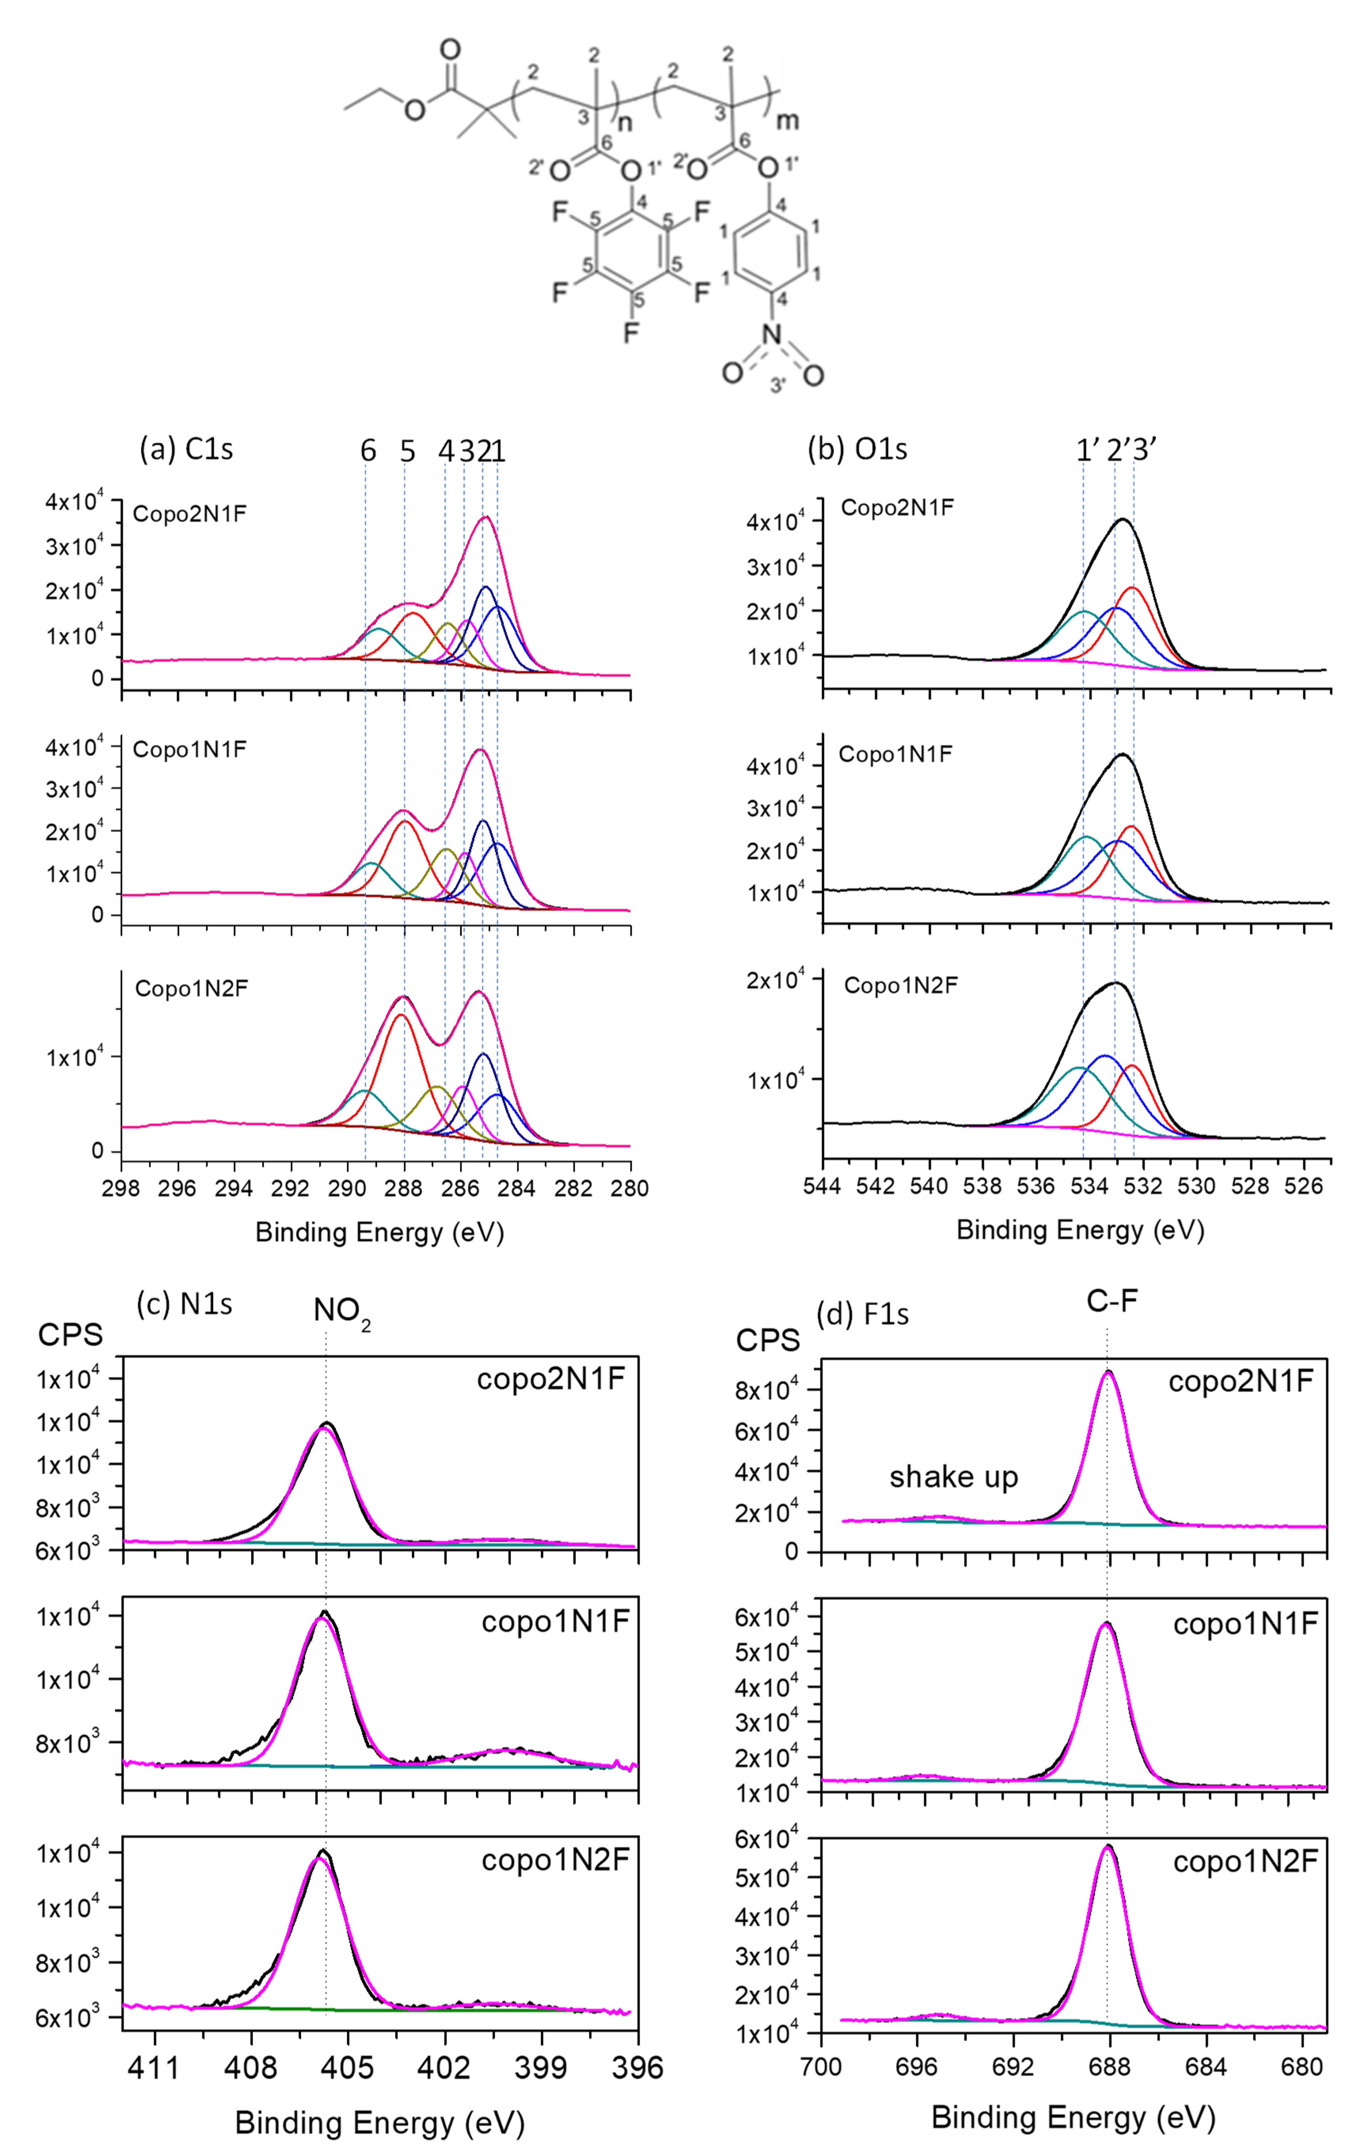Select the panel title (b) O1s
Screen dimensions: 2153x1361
pyautogui.click(x=857, y=449)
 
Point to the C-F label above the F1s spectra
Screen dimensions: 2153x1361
pyautogui.click(x=1111, y=1301)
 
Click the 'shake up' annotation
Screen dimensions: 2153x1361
pyautogui.click(x=953, y=1477)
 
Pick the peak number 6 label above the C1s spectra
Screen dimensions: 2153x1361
pyautogui.click(x=368, y=451)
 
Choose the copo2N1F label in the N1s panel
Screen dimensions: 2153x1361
pyautogui.click(x=550, y=1380)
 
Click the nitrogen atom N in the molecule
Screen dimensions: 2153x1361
pyautogui.click(x=772, y=335)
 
